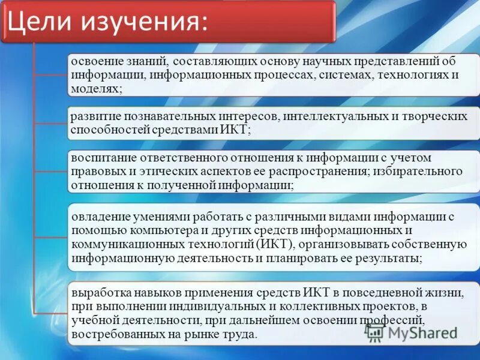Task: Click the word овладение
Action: [x=101, y=216]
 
